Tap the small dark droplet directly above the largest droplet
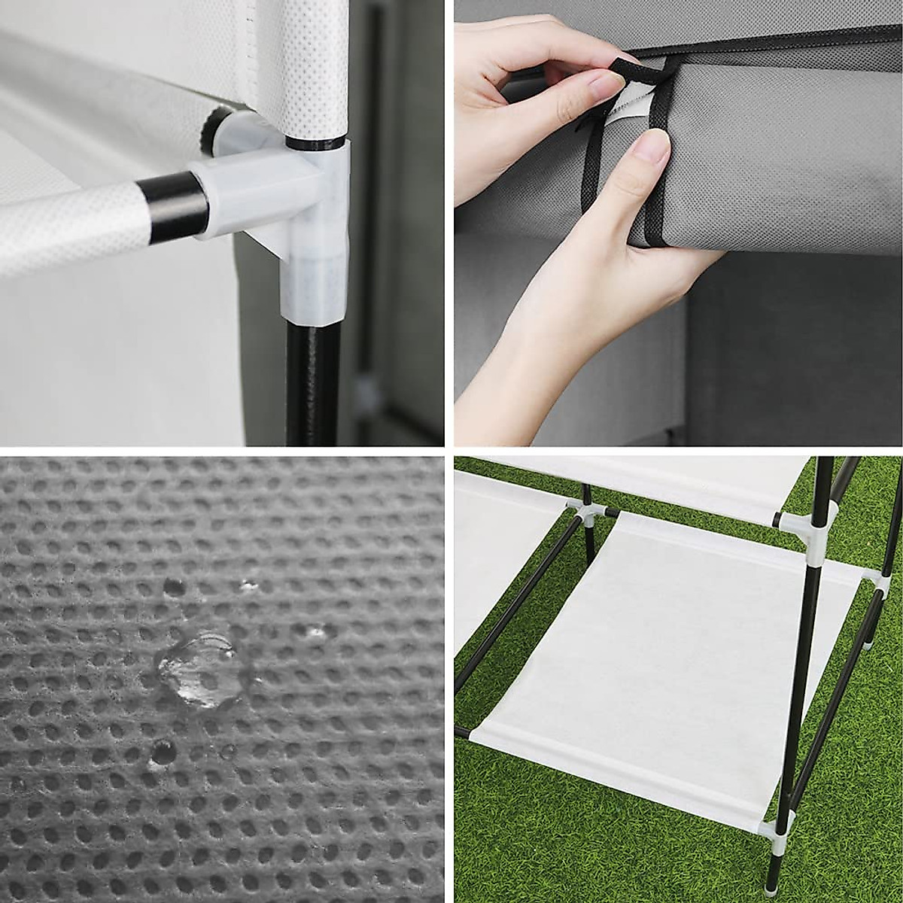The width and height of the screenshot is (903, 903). [x=174, y=587]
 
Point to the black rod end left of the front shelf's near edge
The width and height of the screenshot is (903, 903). [x=461, y=732]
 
